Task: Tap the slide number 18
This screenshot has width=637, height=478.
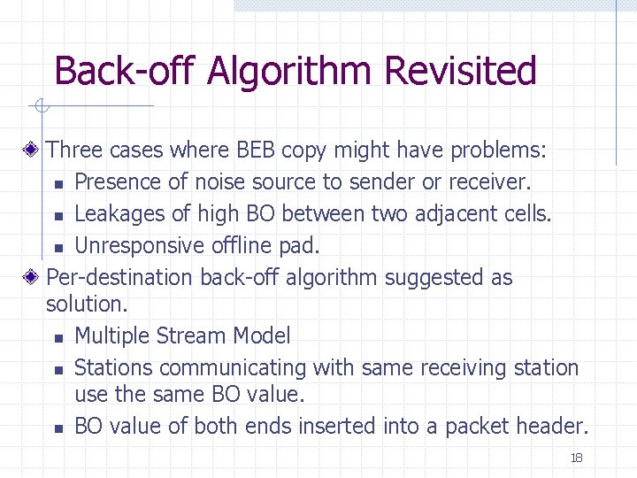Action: (x=576, y=458)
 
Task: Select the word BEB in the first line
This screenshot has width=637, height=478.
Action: (x=257, y=150)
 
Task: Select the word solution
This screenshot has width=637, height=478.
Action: (x=87, y=304)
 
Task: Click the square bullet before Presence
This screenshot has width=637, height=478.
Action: (x=58, y=184)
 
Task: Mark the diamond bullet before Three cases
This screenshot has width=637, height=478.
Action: (x=31, y=150)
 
